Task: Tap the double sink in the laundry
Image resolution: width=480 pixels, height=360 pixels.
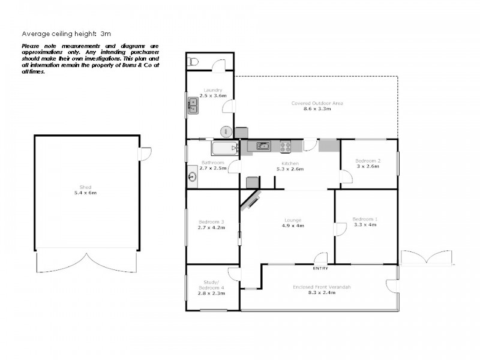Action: tap(193, 106)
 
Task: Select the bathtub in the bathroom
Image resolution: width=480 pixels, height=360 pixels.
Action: tap(224, 148)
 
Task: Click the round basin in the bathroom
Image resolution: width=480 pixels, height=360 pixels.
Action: tap(193, 176)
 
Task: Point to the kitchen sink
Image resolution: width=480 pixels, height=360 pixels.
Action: tap(262, 145)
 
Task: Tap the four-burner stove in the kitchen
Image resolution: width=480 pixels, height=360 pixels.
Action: tap(286, 146)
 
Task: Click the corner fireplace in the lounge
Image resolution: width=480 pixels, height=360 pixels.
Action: tap(250, 200)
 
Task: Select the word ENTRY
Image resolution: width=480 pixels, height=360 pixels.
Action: tap(320, 268)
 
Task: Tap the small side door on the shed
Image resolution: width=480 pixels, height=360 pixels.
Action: tap(145, 154)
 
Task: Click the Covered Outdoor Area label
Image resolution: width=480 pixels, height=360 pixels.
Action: tap(317, 103)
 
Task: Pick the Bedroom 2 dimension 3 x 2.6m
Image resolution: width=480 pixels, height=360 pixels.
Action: tap(367, 166)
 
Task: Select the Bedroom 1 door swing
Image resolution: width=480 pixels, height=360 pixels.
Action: tap(340, 230)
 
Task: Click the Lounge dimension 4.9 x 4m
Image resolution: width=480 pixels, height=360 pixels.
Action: tap(293, 226)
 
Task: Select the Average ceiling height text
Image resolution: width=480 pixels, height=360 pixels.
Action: tap(66, 34)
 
